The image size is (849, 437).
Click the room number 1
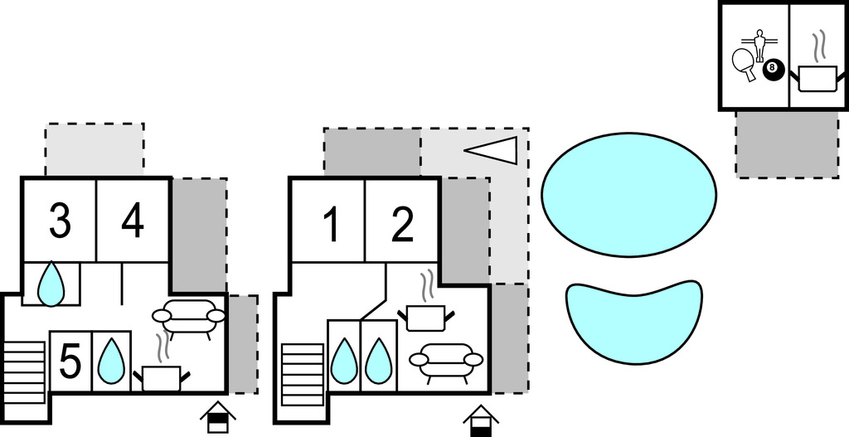click(331, 225)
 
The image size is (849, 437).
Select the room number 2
click(402, 225)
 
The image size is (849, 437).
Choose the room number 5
click(70, 362)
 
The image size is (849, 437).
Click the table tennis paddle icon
click(744, 63)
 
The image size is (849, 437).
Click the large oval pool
click(628, 194)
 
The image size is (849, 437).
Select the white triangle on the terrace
click(494, 149)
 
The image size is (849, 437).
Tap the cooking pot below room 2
click(428, 314)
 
